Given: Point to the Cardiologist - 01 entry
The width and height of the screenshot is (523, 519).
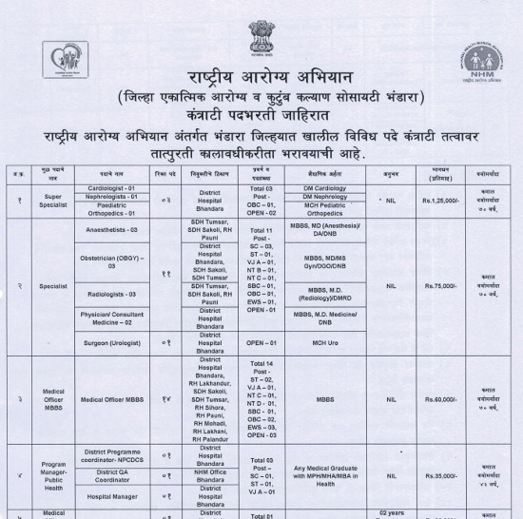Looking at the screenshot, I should pyautogui.click(x=125, y=187).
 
